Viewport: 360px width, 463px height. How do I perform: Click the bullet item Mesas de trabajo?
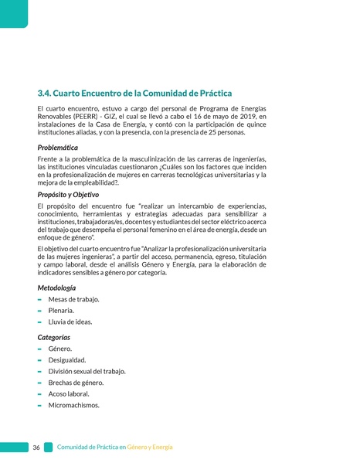click(73, 299)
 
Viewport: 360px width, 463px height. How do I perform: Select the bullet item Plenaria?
click(61, 311)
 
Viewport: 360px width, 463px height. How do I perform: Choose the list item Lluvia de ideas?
click(70, 322)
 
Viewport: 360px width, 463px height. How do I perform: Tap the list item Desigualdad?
click(67, 360)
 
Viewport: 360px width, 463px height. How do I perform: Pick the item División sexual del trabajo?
click(87, 371)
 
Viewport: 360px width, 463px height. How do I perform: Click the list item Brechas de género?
click(76, 383)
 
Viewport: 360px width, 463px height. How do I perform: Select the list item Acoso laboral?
click(69, 393)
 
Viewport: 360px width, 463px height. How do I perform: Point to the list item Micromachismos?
click(73, 405)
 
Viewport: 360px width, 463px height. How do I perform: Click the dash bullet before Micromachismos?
click(39, 405)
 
